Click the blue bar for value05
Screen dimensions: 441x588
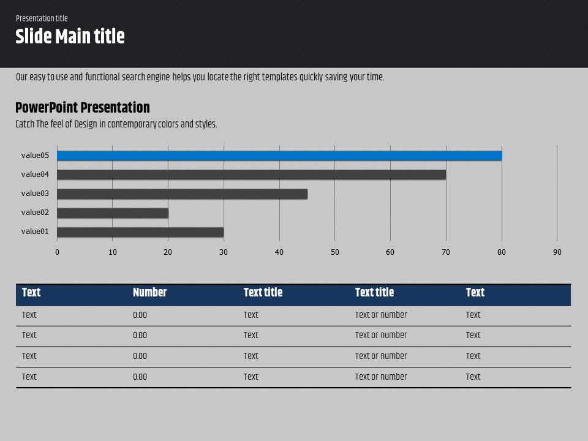(x=279, y=156)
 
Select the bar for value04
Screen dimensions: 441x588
(x=251, y=175)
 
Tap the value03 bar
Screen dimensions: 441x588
(x=182, y=194)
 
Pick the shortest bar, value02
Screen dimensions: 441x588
(x=113, y=213)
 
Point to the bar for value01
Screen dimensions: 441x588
(x=140, y=232)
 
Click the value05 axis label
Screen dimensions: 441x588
(x=35, y=156)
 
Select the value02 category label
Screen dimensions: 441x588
(x=35, y=213)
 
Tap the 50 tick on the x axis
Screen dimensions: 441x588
(x=335, y=252)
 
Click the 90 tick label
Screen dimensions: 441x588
(x=557, y=252)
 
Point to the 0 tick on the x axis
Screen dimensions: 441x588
(x=58, y=252)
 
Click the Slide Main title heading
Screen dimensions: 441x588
(x=70, y=37)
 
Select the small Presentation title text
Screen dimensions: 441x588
(x=42, y=18)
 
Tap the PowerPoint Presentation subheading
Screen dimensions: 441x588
(x=82, y=108)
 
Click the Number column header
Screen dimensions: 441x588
(x=149, y=293)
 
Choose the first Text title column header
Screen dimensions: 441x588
(x=263, y=293)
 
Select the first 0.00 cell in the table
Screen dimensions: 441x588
(x=140, y=315)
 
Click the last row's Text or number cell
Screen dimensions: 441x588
(x=381, y=377)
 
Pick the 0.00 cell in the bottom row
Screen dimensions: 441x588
(x=140, y=377)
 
